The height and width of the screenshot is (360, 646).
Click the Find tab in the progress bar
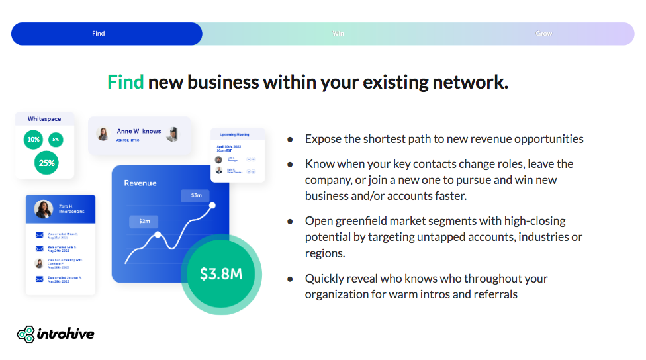pos(99,34)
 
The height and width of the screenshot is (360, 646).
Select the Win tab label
pos(338,34)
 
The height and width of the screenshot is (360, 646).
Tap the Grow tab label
pos(543,34)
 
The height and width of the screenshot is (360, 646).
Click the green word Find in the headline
pos(125,83)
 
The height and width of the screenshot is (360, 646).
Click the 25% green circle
pos(46,163)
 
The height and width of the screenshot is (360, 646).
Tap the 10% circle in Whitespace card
pos(33,140)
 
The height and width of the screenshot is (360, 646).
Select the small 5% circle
pos(56,140)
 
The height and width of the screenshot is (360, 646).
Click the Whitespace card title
pos(44,119)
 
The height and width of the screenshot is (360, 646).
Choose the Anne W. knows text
pos(139,131)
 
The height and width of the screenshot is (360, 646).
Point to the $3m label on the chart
pos(196,195)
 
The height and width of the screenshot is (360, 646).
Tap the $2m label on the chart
pos(144,222)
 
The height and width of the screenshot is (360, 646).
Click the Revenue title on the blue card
pos(140,183)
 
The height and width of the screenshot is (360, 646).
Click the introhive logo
pos(56,334)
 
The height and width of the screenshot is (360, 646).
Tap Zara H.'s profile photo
pos(44,209)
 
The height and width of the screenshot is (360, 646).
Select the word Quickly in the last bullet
pos(326,279)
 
